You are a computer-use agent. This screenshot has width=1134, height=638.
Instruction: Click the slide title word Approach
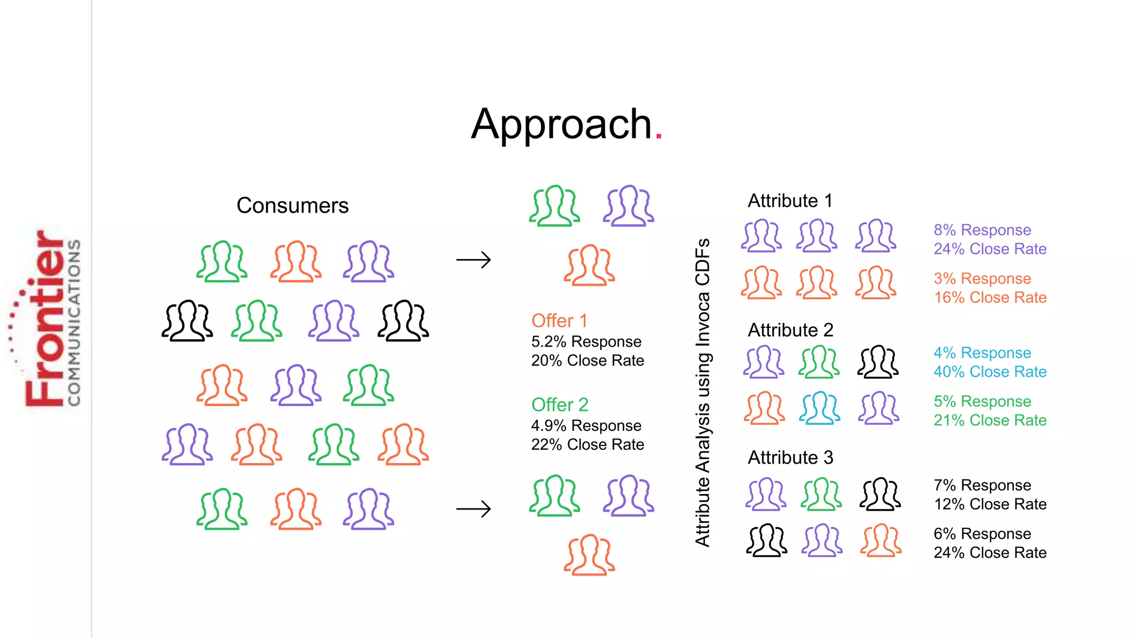[561, 125]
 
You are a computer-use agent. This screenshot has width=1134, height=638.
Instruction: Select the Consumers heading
[292, 205]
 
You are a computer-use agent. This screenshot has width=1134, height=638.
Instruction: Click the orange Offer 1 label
[559, 321]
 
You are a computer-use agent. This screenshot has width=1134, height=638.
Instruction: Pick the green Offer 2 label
[560, 405]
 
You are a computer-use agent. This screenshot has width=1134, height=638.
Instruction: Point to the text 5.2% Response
[586, 342]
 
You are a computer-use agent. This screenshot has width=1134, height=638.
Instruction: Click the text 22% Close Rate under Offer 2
[587, 445]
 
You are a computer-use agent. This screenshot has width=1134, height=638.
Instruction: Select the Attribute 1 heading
[790, 200]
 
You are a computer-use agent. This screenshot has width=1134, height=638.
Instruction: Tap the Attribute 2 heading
[790, 330]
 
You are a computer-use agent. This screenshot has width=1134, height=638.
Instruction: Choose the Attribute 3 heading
[790, 457]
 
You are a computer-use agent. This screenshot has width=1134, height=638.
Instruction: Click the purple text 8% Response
[982, 230]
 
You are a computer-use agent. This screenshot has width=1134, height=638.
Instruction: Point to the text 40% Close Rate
[989, 372]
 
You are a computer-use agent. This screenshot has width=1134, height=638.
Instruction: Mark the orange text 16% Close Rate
[989, 297]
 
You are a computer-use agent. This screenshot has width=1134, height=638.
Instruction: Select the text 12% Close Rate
[989, 504]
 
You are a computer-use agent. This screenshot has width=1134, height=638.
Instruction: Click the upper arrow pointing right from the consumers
[473, 260]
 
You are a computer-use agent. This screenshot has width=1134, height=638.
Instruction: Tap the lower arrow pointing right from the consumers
[473, 508]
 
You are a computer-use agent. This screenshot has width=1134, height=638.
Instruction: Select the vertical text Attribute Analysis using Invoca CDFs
[703, 392]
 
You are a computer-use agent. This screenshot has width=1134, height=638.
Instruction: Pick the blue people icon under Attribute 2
[819, 408]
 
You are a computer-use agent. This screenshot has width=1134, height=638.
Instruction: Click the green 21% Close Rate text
[989, 420]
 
